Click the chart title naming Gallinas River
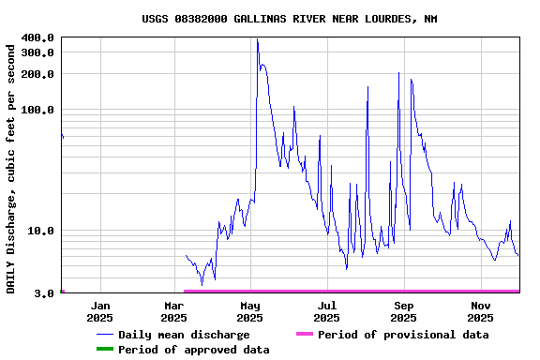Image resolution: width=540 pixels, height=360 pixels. [x=289, y=19]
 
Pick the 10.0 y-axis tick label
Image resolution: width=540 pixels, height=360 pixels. [x=41, y=231]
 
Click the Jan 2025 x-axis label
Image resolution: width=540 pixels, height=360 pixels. [x=100, y=311]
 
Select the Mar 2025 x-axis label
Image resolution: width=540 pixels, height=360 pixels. [x=173, y=311]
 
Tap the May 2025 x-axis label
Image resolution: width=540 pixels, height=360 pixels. [x=249, y=311]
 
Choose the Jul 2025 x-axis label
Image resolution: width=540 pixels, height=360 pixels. [x=327, y=311]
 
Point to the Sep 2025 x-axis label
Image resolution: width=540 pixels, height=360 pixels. [x=404, y=311]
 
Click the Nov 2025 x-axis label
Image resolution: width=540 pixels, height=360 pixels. [x=481, y=311]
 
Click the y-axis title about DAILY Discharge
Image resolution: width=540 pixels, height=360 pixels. [x=11, y=166]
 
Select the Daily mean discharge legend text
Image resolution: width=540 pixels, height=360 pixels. [x=184, y=335]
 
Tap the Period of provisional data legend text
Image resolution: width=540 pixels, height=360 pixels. [x=403, y=335]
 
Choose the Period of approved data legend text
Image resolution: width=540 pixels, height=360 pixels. [x=194, y=350]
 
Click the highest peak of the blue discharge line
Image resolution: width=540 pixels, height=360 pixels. [x=257, y=40]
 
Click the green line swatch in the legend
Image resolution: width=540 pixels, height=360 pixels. [x=103, y=350]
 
